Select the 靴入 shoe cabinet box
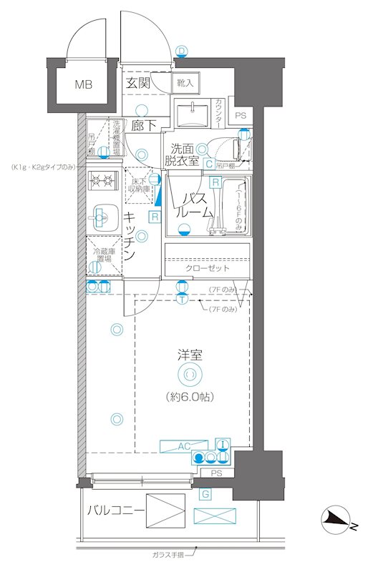185,84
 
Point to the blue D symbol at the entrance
182,51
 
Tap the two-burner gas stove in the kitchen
103,180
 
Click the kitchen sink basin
102,213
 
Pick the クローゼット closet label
208,268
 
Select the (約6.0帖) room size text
190,395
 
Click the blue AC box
183,446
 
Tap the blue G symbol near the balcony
205,494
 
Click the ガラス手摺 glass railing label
168,554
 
